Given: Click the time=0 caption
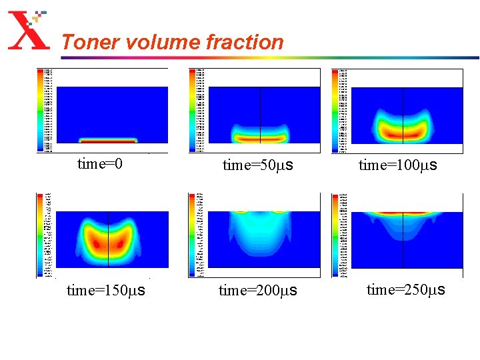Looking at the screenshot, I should coord(100,163).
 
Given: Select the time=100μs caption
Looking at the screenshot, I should coord(398,165).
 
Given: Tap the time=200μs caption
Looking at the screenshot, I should coord(258,291).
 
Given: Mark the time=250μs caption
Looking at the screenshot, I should coord(406,289).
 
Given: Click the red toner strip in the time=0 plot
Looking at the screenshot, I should coord(108,141).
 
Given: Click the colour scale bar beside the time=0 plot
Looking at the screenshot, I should coord(40,109).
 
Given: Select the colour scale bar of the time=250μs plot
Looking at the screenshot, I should coord(335,235).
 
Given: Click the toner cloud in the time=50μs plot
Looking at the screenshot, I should coord(260,134).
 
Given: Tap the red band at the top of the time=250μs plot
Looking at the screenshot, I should coord(403,213).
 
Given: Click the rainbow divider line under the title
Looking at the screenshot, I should coord(267,57).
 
